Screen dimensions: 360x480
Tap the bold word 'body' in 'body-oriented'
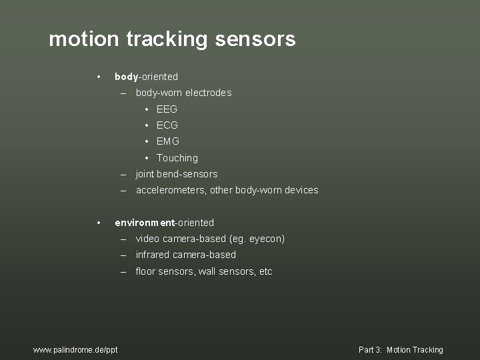pos(127,77)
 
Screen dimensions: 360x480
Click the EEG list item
pos(167,109)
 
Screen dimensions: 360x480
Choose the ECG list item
pos(167,125)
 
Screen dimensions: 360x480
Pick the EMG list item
pos(168,141)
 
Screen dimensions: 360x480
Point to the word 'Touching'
pos(177,158)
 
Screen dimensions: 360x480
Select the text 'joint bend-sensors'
pos(177,174)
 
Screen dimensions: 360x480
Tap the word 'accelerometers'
pos(171,190)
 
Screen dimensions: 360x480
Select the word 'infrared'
pos(153,255)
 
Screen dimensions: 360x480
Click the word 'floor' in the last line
pos(145,271)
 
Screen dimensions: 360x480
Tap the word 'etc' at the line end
pos(265,271)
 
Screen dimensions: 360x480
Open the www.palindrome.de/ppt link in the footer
pos(75,350)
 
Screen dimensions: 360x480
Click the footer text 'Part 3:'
pos(369,350)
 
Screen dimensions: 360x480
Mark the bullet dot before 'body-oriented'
pos(98,77)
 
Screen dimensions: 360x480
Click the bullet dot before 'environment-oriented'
pos(98,223)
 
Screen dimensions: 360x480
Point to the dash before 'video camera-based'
pos(124,239)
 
